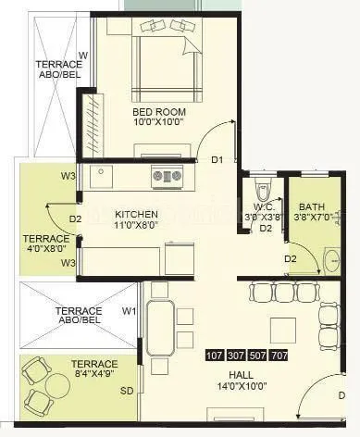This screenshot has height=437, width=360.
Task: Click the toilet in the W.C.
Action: coord(265,189)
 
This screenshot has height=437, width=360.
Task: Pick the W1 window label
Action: coord(130,311)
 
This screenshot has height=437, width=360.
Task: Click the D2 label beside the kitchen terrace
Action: coord(76,220)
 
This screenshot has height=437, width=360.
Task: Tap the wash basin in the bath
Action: coord(333,258)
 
